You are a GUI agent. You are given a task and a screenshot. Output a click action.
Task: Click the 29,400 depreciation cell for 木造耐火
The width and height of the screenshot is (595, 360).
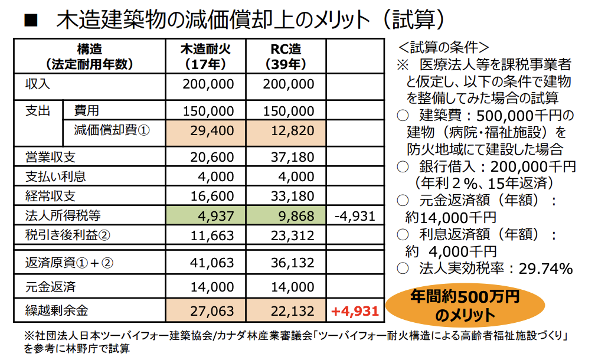205,131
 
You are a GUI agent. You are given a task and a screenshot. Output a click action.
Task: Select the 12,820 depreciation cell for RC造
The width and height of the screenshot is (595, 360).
285,131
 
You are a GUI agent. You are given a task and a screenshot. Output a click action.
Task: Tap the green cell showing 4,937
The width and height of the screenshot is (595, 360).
205,215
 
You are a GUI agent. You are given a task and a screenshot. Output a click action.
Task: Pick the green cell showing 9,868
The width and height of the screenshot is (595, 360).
285,215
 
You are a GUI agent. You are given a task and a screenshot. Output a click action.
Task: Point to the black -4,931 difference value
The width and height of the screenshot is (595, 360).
354,215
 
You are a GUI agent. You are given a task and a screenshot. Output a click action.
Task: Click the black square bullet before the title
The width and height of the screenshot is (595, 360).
30,20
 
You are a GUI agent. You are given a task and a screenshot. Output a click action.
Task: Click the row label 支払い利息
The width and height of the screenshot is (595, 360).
55,176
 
